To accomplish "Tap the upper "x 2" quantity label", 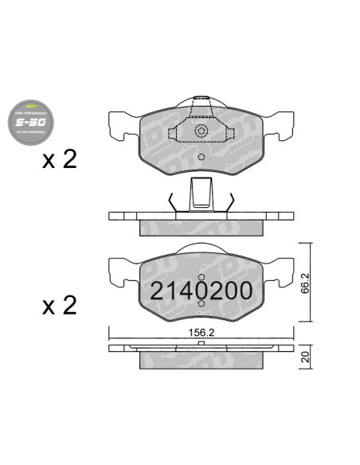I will (60, 159).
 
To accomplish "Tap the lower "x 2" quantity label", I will (60, 305).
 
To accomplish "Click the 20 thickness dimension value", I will (303, 358).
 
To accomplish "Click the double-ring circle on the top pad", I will (202, 131).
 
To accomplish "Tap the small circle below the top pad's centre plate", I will (202, 156).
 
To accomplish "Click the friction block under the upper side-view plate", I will (201, 228).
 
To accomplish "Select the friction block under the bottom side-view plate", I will (201, 361).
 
